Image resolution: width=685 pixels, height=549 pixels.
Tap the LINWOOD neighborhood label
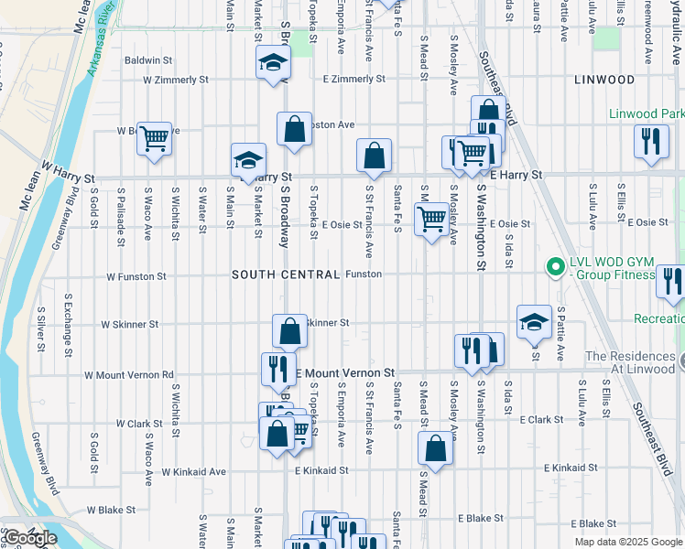(x=604, y=80)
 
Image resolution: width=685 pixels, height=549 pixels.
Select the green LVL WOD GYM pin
(x=553, y=268)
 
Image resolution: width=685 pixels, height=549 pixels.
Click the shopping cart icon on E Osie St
(x=430, y=220)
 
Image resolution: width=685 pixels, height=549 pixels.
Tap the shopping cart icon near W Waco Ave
(x=155, y=139)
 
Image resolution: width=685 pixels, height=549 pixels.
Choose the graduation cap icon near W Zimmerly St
(x=272, y=62)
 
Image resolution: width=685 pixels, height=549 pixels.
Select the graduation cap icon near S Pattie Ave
(x=534, y=321)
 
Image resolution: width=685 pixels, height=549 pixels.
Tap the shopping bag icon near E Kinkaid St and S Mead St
(x=435, y=447)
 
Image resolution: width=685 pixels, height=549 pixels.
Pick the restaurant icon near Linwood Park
(x=651, y=141)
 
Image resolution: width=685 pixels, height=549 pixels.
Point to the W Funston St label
(x=136, y=275)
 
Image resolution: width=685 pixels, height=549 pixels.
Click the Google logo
(x=29, y=537)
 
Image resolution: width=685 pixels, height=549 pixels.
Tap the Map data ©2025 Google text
(x=627, y=542)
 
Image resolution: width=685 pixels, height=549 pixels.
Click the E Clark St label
(x=541, y=420)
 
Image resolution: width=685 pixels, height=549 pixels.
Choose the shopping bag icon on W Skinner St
(x=289, y=331)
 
